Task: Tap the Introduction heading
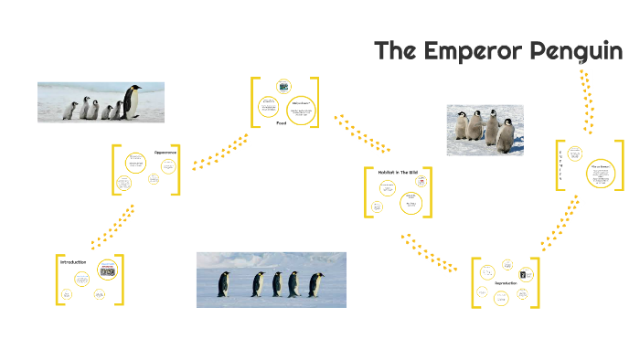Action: click(73, 262)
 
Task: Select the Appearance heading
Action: click(165, 152)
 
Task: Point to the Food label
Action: click(282, 122)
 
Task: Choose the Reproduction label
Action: click(506, 283)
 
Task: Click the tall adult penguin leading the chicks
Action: click(133, 101)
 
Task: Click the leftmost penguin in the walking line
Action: click(222, 284)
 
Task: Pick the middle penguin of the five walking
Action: click(277, 284)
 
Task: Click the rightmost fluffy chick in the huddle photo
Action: click(506, 135)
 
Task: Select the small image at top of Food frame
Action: click(283, 86)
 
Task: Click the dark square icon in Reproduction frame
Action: click(522, 272)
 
